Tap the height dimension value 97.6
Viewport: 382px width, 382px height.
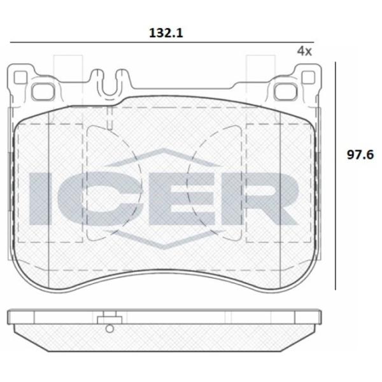[x=360, y=155]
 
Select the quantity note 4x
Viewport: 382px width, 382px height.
[x=304, y=51]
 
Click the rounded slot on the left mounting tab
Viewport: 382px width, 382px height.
[x=44, y=91]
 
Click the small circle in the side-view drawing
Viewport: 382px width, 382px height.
[x=110, y=329]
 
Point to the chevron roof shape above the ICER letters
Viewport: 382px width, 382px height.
[x=164, y=157]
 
